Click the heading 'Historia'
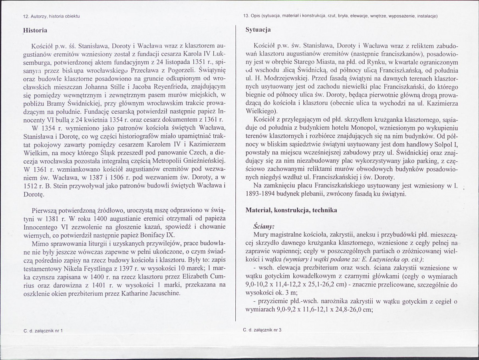(x=36, y=30)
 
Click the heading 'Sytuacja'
(x=258, y=30)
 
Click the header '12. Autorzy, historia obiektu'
(x=51, y=16)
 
